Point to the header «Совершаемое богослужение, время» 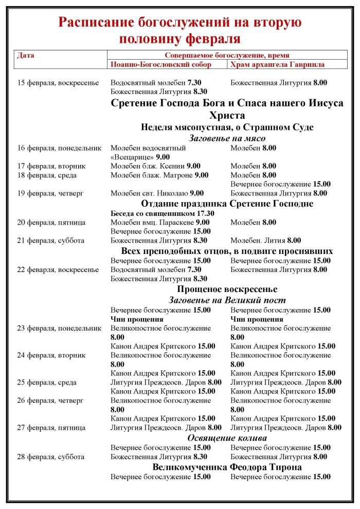pyautogui.click(x=226, y=55)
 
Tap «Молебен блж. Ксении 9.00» pyautogui.click(x=155, y=166)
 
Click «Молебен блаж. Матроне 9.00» pyautogui.click(x=159, y=175)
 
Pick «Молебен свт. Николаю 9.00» pyautogui.click(x=155, y=193)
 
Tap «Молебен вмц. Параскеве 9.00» pyautogui.click(x=160, y=222)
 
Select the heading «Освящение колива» pyautogui.click(x=227, y=438)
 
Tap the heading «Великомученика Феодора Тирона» pyautogui.click(x=227, y=467)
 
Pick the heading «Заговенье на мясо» pyautogui.click(x=227, y=138)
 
